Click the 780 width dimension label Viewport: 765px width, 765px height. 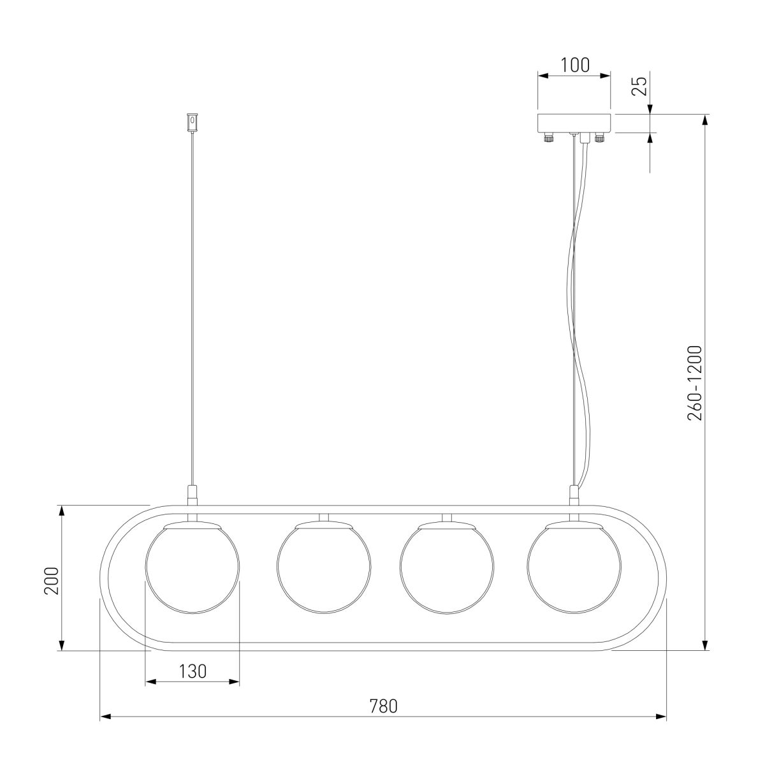coord(384,706)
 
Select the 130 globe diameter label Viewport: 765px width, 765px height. coord(193,671)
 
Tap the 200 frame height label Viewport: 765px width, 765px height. coord(51,581)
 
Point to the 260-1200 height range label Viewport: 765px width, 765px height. coord(695,383)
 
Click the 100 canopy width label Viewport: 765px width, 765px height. coord(575,65)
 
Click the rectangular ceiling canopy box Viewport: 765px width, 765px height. coord(574,124)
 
